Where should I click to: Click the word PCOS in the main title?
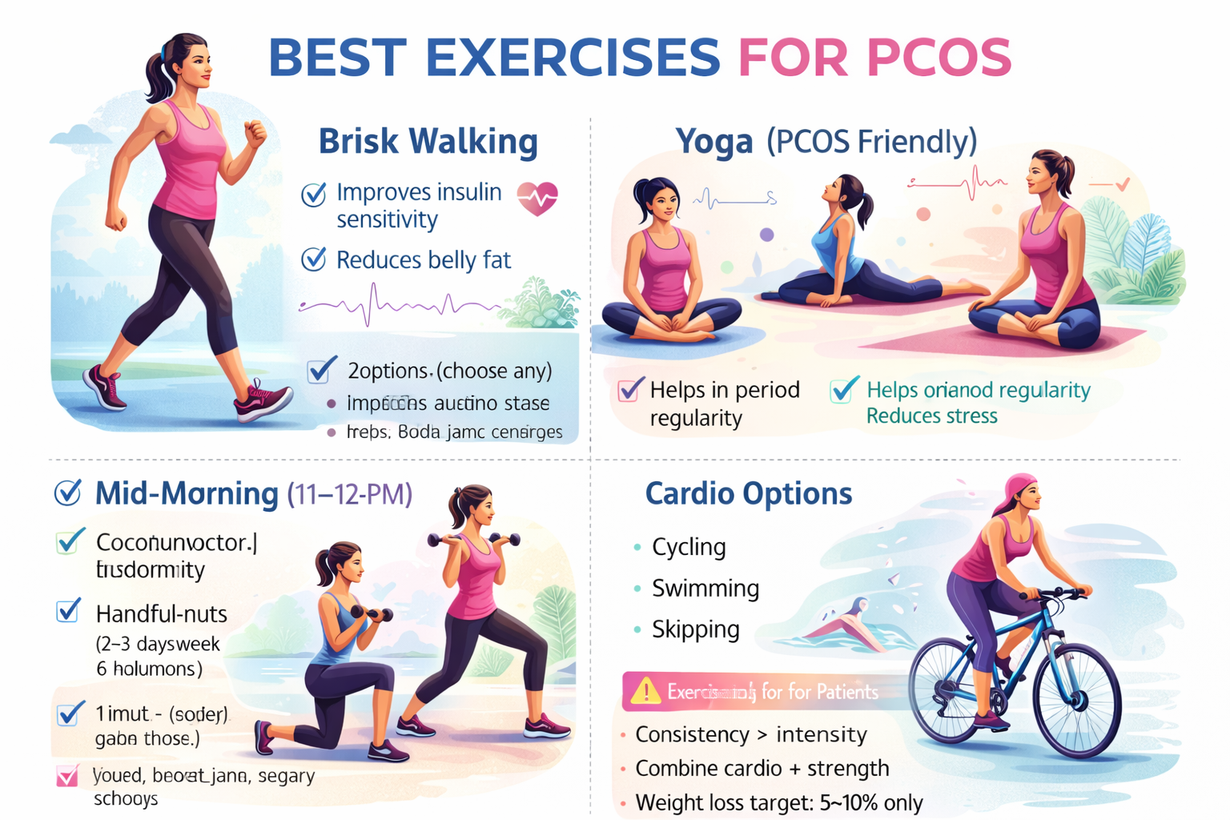[x=939, y=58]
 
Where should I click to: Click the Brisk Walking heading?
[x=428, y=142]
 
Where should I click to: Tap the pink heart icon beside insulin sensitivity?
[x=537, y=198]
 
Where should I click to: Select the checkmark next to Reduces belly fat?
[x=313, y=259]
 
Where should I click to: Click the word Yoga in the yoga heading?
[x=713, y=142]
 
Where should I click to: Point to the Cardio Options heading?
[x=748, y=493]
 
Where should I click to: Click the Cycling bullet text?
[x=689, y=547]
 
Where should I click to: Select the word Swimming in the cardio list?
[x=705, y=589]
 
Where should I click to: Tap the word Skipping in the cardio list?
[x=695, y=629]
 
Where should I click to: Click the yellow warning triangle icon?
[x=645, y=690]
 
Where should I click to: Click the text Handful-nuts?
[x=161, y=614]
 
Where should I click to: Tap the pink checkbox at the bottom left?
[x=67, y=775]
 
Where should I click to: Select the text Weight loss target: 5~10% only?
[x=778, y=802]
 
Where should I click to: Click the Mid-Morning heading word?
[x=186, y=493]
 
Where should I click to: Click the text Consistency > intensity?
[x=750, y=734]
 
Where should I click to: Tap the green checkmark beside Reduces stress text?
[x=843, y=390]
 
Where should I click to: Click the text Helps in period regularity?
[x=724, y=404]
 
